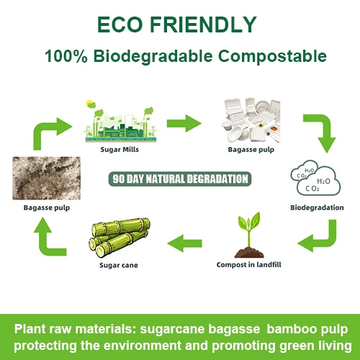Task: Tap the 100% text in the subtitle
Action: coord(64,56)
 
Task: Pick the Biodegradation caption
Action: coord(312,209)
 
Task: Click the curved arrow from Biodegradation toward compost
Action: coord(318,238)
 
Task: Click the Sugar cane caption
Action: coord(118,265)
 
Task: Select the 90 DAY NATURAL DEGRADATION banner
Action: coord(181,179)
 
